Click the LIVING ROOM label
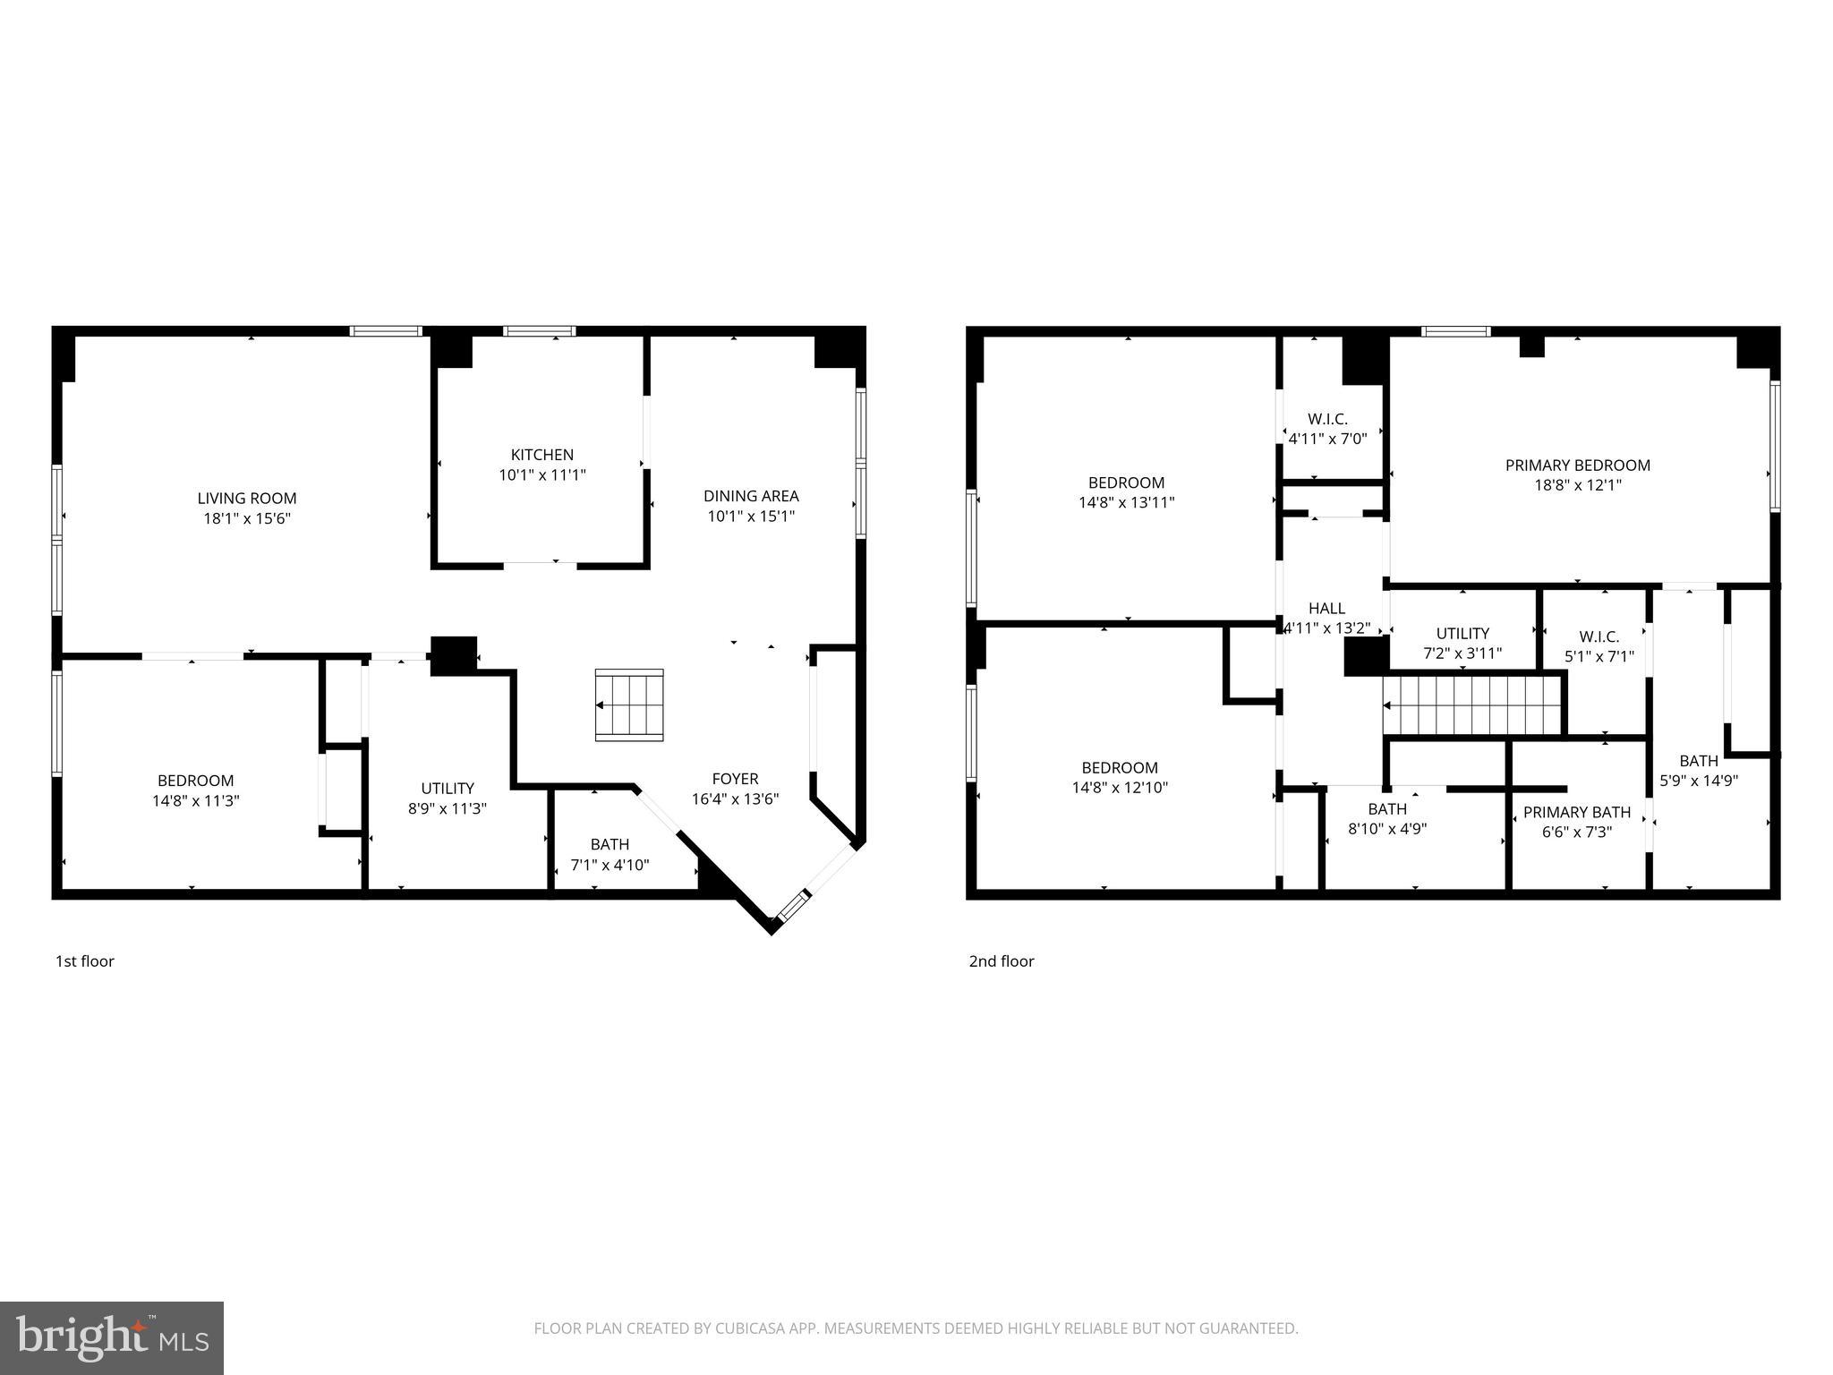click(x=247, y=499)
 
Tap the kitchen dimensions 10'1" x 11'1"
click(x=541, y=475)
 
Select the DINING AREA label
click(x=750, y=496)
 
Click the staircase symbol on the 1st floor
click(x=629, y=705)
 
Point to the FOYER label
click(x=735, y=779)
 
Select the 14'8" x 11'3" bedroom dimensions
click(x=196, y=801)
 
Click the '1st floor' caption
click(x=85, y=961)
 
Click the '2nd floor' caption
click(x=1001, y=961)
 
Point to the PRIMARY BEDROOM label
click(x=1577, y=465)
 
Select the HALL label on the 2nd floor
click(x=1326, y=609)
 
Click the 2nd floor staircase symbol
click(x=1472, y=705)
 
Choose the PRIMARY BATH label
click(x=1576, y=813)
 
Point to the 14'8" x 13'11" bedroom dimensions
click(x=1126, y=503)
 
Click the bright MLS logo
click(x=112, y=1338)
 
